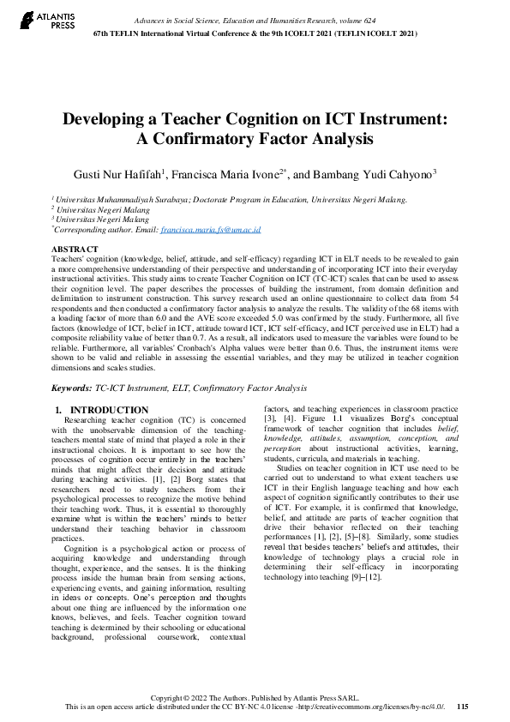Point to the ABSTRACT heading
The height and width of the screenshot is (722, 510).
[75, 249]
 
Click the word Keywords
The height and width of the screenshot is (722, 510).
[73, 388]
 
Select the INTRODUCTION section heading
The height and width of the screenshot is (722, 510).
[109, 411]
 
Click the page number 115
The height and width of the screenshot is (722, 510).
[463, 707]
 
